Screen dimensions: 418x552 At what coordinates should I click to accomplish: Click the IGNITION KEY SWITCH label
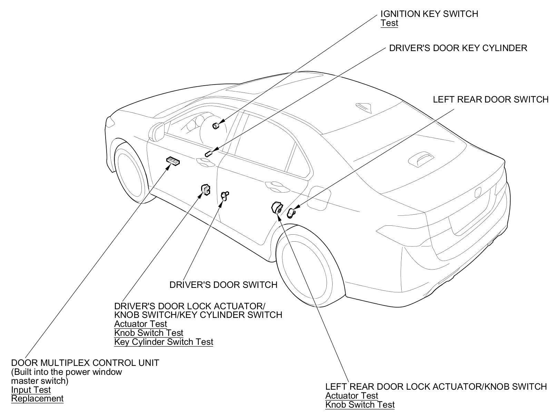(429, 14)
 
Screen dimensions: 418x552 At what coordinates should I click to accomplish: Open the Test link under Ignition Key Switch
(389, 23)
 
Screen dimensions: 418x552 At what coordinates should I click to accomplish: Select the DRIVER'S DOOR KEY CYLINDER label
(458, 48)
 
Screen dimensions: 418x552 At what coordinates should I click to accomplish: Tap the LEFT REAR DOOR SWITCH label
(490, 99)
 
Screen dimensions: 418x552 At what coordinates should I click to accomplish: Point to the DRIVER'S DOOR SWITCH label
(223, 285)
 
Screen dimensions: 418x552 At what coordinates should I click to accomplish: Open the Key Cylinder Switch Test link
(164, 342)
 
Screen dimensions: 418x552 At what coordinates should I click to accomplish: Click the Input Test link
(31, 390)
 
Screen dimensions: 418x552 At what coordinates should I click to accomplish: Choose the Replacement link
(37, 399)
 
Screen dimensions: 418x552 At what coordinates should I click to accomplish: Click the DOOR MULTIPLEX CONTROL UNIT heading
(85, 363)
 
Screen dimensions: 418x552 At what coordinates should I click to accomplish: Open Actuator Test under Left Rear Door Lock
(352, 396)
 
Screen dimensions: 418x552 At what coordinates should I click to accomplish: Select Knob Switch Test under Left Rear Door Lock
(360, 405)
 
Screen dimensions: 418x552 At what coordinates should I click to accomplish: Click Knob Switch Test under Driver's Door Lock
(149, 333)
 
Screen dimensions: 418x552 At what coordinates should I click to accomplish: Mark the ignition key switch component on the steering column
(216, 125)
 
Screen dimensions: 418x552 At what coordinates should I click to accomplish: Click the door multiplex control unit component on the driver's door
(173, 161)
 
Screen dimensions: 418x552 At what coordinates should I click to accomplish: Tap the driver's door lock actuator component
(206, 189)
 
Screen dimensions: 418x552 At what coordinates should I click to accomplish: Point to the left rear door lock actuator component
(277, 208)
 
